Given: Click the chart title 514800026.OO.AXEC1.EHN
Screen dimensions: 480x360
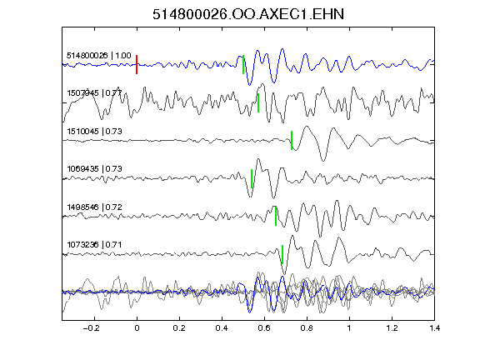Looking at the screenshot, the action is coord(248,14).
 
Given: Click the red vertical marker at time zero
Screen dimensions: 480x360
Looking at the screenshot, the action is coord(137,65).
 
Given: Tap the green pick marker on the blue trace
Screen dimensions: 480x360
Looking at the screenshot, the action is coord(243,65).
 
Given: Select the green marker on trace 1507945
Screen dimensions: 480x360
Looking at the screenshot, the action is coord(258,102).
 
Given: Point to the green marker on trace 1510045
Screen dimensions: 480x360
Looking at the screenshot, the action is coord(292,141).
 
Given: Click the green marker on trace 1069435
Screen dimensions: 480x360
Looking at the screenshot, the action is coord(252,179).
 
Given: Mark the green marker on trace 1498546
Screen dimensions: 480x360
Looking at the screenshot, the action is coord(276,216).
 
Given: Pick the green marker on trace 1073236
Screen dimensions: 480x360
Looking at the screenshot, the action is coord(282,254).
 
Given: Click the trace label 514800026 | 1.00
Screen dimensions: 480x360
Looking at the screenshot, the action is coord(99,56).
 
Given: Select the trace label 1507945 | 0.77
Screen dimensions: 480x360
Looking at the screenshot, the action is coord(94,93).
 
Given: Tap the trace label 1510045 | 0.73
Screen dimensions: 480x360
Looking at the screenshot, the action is coord(94,132).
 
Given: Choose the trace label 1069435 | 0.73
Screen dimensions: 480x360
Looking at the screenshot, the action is coord(94,169).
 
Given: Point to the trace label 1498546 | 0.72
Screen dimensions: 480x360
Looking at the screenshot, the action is coord(94,207).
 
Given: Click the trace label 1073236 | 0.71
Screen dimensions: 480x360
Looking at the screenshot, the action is coord(94,245).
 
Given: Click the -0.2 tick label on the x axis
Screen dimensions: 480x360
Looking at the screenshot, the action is coord(92,328).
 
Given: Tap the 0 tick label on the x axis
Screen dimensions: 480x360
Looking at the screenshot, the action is coord(137,328).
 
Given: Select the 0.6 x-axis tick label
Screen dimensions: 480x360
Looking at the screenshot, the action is coord(264,328).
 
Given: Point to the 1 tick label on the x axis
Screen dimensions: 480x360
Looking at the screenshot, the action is coord(349,328).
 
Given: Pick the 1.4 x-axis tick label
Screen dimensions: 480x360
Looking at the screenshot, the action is coord(434,328).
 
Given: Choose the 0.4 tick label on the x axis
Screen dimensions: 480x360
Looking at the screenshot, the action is coord(222,328).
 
